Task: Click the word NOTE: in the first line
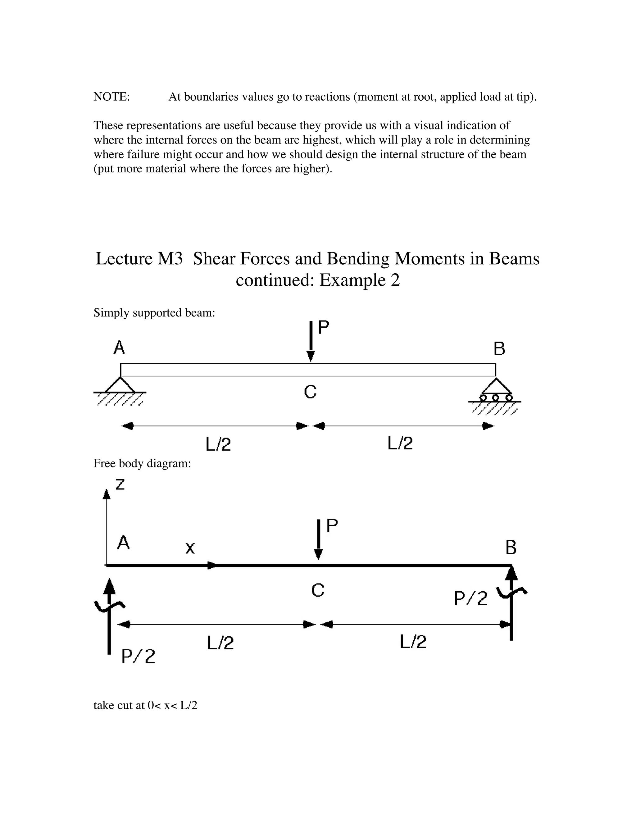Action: coord(111,97)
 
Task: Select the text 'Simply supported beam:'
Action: coord(154,313)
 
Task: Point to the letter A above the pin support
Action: coord(119,348)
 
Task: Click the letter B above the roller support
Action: coord(499,349)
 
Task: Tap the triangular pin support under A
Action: coord(120,385)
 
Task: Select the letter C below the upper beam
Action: coord(310,392)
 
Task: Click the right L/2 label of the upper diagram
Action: coord(400,443)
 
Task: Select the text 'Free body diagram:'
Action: coord(142,463)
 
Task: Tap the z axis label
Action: coord(120,484)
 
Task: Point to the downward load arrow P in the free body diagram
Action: coord(318,540)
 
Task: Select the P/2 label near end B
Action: coord(470,598)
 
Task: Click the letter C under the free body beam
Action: coord(318,590)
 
